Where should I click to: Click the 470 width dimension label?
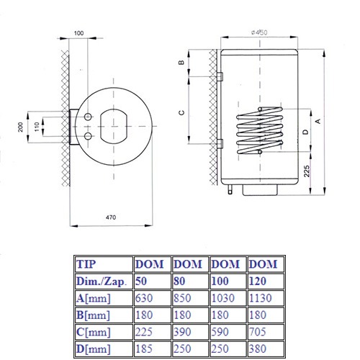coord(111,217)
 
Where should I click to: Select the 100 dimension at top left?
coord(78,33)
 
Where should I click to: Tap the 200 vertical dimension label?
coord(20,127)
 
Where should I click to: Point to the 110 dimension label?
coord(37,127)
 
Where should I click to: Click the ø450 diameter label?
coord(259,32)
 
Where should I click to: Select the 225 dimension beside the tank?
coord(307,171)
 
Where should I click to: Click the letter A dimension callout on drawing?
coord(318,121)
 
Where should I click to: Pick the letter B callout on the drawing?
coord(181,63)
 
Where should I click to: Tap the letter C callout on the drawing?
coord(181,112)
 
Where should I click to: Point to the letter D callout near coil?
coord(305,132)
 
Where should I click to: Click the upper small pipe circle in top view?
coord(88,117)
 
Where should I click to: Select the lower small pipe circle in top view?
coord(88,136)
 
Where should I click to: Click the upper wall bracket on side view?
coord(220,76)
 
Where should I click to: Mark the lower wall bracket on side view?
coord(220,144)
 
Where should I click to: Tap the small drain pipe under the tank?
coord(230,189)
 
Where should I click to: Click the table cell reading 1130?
coord(260,298)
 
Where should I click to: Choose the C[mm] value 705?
coord(258,332)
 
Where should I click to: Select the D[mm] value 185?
coord(144,348)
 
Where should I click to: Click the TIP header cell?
coord(104,264)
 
